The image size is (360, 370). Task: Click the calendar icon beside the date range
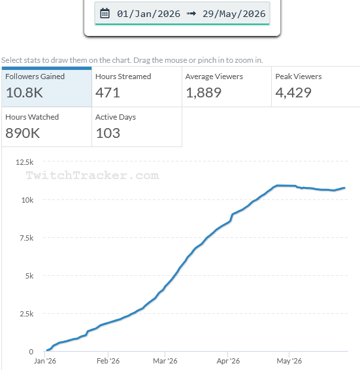105,14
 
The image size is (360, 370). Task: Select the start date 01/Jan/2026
148,14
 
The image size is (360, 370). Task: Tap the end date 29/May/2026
234,14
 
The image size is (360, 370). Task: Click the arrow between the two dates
191,14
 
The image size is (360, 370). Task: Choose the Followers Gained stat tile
46,86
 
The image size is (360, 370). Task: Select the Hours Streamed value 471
108,93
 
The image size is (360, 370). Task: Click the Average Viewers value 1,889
204,93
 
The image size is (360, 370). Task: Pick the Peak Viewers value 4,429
293,93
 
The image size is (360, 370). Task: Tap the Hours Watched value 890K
23,133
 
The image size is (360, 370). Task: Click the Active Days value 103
108,133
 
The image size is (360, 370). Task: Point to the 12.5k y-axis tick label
25,162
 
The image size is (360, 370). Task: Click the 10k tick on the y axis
27,200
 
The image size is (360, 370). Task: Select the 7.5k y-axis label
26,238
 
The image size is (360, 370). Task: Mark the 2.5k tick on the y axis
26,314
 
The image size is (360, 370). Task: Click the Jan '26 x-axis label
45,361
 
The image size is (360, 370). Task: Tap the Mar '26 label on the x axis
165,361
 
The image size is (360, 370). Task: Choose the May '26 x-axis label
289,361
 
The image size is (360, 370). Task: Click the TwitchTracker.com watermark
93,175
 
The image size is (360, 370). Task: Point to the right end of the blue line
345,188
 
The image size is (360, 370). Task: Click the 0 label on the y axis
31,352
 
